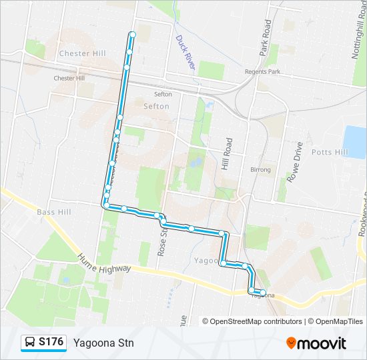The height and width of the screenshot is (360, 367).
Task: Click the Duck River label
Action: [x=185, y=53]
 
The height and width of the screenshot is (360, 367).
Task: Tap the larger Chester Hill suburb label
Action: [x=83, y=53]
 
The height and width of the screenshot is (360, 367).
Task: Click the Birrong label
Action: [x=260, y=170]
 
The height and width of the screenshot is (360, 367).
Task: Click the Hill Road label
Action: [x=228, y=153]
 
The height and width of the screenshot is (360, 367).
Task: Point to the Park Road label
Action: [x=266, y=37]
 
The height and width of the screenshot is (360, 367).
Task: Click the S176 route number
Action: [x=51, y=343]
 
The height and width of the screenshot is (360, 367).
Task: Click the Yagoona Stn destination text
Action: [x=103, y=343]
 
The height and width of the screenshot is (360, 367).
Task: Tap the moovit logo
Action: [x=316, y=343]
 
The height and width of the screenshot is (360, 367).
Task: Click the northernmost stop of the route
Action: [x=133, y=34]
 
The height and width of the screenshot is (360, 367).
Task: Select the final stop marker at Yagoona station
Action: [x=262, y=293]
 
